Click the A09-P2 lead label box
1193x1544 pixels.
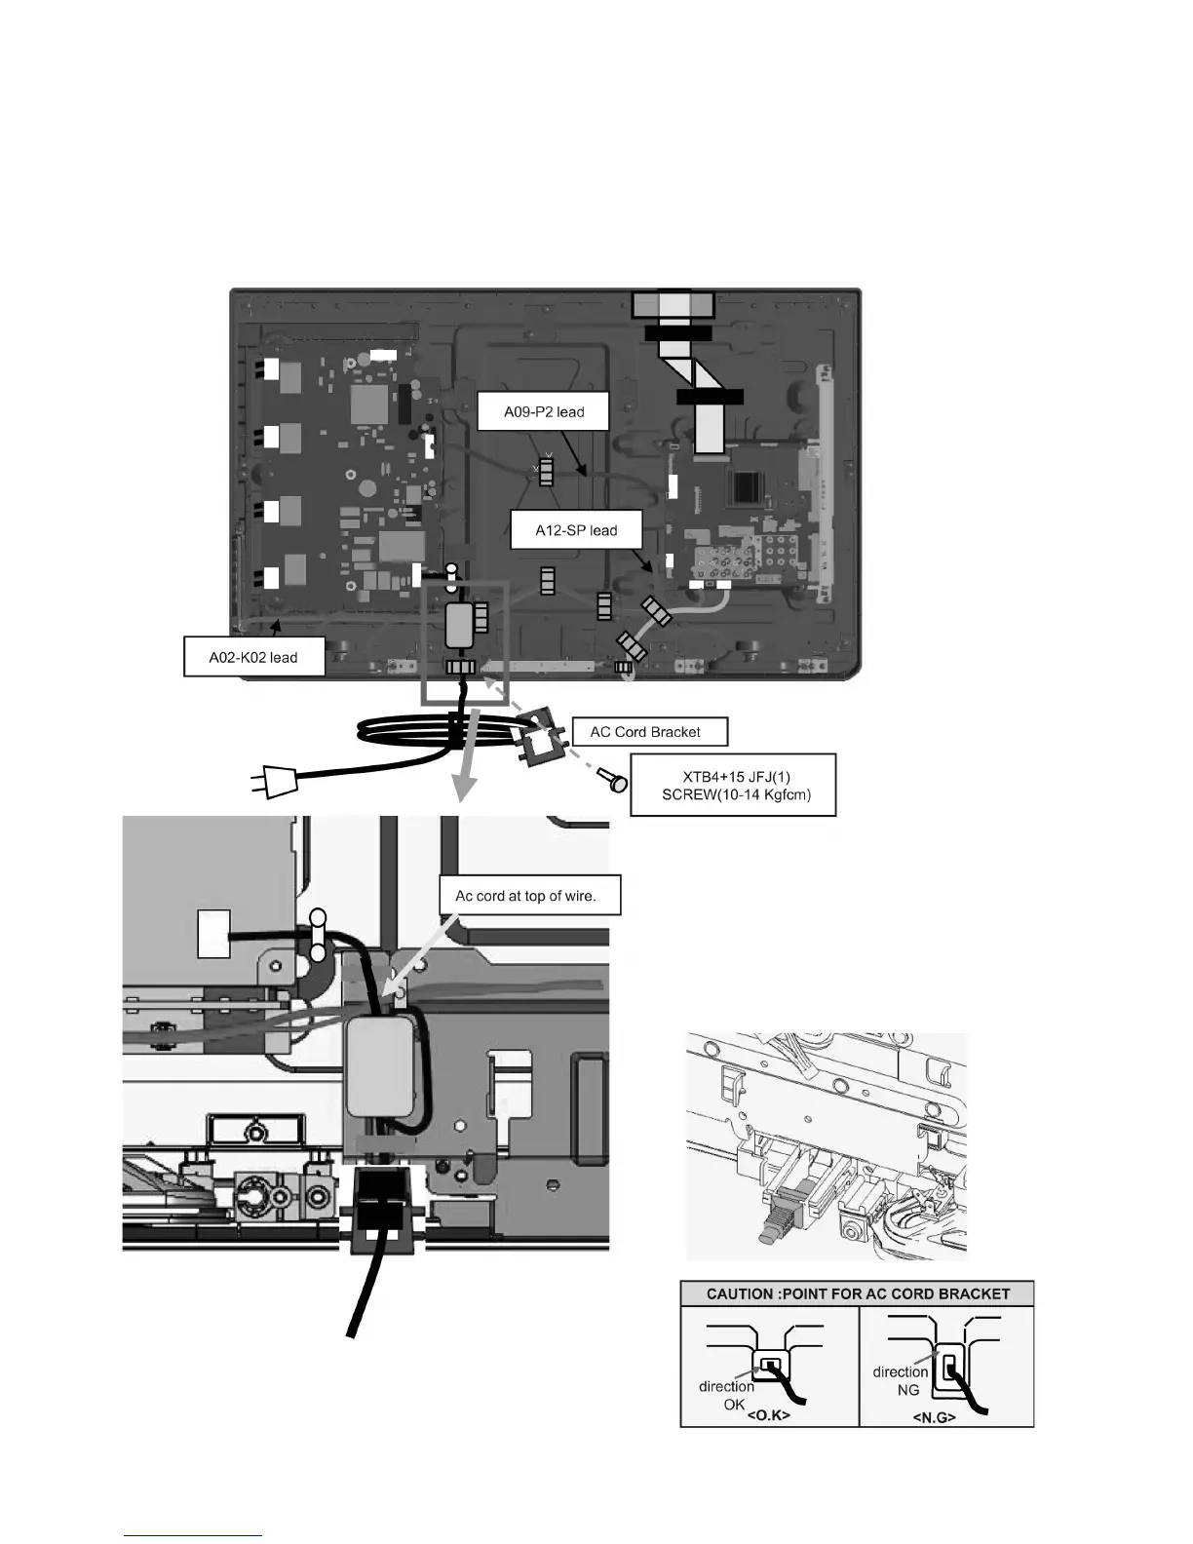click(544, 411)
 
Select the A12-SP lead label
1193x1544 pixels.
click(576, 530)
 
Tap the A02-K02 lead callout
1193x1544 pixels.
click(253, 657)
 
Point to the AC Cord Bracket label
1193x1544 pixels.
click(645, 731)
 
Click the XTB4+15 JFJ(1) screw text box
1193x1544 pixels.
click(733, 785)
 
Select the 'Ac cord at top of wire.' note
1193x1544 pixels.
click(525, 895)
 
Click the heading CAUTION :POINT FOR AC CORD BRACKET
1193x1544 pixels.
click(857, 1294)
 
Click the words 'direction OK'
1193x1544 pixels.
click(726, 1394)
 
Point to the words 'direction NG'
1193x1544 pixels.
click(901, 1379)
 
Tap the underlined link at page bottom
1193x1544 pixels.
click(194, 1534)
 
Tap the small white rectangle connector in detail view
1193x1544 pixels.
click(213, 933)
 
